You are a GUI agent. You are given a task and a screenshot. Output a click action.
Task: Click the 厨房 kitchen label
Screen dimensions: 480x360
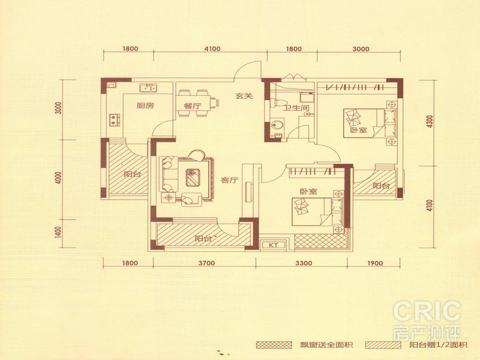pos(145,106)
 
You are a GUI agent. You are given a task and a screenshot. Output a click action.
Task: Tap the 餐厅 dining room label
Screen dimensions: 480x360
pos(193,106)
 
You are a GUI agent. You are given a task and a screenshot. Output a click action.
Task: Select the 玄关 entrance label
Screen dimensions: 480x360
pos(244,96)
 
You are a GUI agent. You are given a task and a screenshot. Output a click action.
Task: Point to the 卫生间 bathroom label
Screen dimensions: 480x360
pos(296,108)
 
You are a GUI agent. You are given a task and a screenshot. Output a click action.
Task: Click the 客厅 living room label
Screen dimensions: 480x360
pos(230,181)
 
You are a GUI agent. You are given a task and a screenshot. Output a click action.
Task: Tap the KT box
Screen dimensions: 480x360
pos(274,245)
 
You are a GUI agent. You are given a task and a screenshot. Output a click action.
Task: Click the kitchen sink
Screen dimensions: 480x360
pos(148,88)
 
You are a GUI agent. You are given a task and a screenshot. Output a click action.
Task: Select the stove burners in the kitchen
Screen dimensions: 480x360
pos(115,119)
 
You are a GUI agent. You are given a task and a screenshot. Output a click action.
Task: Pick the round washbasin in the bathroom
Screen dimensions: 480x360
pos(277,125)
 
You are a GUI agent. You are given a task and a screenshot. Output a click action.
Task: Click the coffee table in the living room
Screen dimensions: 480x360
pos(193,177)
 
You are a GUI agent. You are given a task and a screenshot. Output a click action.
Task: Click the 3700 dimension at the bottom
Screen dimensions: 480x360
pos(206,263)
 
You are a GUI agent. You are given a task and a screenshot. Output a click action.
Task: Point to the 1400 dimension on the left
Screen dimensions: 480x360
pos(59,233)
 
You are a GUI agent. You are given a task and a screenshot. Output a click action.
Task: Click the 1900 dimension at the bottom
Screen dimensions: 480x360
pos(374,263)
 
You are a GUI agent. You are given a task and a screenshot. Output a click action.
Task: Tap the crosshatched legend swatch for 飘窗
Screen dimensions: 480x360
pos(274,345)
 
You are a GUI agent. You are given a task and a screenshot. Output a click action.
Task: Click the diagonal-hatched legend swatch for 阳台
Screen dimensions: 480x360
pos(383,345)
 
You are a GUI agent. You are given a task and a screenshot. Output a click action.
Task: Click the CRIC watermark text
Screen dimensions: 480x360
pos(427,311)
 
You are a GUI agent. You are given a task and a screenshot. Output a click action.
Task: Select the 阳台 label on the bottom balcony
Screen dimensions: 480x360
pos(203,238)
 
